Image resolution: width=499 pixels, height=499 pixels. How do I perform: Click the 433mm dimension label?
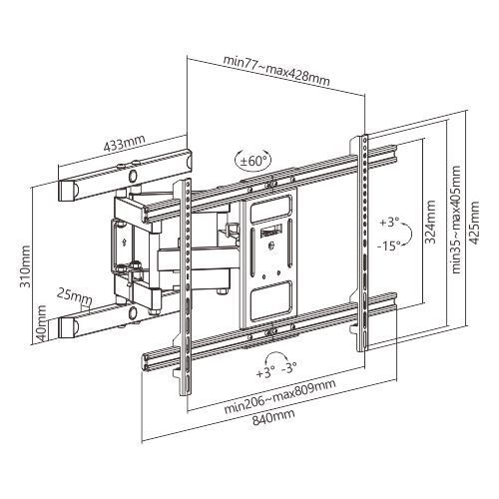tap(124, 143)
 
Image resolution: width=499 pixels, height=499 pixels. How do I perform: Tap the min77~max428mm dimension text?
tap(276, 71)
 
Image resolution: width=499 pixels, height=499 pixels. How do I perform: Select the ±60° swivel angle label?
tap(253, 162)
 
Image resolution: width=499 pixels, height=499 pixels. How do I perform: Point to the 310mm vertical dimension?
tap(25, 266)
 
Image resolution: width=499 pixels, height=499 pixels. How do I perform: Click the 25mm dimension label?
tap(74, 295)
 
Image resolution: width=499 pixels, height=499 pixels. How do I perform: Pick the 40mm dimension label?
tap(42, 322)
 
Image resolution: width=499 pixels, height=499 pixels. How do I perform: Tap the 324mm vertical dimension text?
tap(430, 222)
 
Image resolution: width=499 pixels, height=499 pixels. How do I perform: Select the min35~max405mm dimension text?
tap(456, 220)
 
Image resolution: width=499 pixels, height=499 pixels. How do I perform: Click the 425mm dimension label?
tap(475, 222)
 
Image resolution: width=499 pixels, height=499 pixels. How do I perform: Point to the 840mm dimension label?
tap(273, 417)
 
